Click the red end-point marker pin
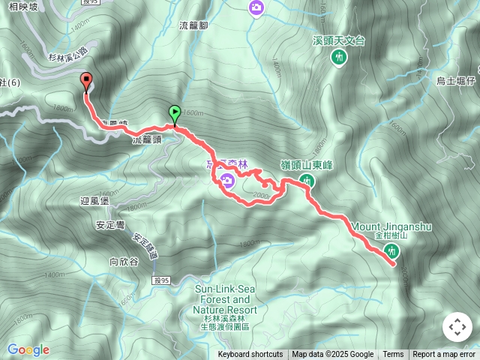[85, 82]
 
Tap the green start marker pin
[175, 114]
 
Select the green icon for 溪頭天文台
[340, 57]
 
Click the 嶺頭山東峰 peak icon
[307, 180]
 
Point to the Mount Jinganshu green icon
[390, 250]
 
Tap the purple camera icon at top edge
[256, 7]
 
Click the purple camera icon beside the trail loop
[226, 178]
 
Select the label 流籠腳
[194, 25]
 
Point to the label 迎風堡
[94, 202]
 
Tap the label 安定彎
[110, 224]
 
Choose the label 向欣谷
[124, 262]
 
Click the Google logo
[28, 349]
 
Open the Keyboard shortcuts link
[250, 355]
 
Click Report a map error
[444, 355]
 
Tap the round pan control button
[457, 327]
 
